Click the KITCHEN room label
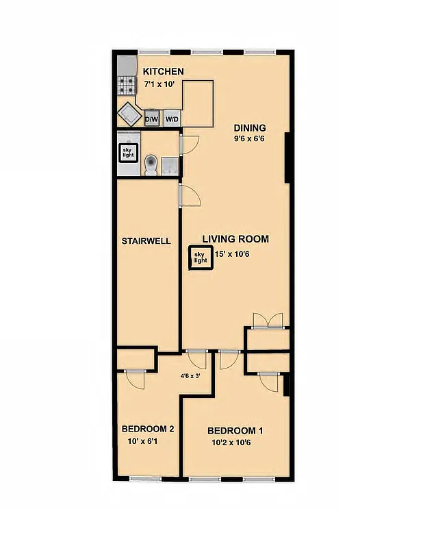tap(163, 72)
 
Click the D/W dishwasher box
tap(151, 119)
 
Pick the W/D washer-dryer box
tap(171, 119)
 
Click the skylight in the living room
tap(200, 258)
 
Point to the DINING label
tap(250, 128)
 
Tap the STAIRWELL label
tap(146, 241)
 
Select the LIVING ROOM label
tap(235, 239)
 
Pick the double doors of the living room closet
tap(267, 321)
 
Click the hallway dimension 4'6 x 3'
tap(192, 375)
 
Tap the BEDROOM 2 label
tap(147, 429)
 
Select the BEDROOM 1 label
tap(235, 431)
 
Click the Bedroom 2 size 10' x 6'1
tap(146, 442)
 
